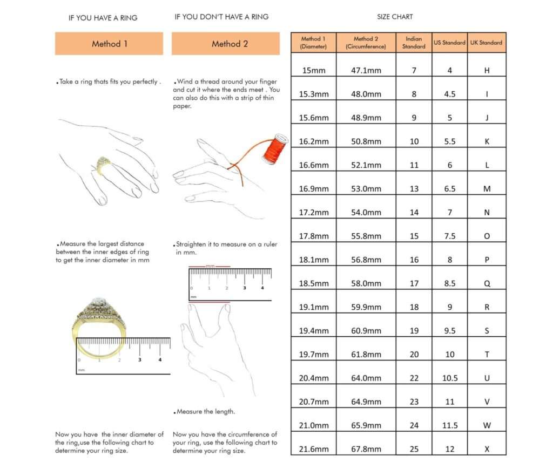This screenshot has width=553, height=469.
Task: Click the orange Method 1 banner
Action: pos(109,44)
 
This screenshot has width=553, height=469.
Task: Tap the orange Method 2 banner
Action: pos(226,44)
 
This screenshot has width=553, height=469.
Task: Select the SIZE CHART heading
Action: pos(395,17)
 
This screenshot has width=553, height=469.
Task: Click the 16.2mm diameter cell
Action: pos(314,141)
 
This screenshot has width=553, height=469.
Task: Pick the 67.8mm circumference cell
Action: pos(366,448)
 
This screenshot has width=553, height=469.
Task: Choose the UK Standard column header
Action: pos(486,42)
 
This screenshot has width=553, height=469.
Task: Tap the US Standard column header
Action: pos(449,42)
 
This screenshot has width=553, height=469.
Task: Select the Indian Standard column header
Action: pos(414,43)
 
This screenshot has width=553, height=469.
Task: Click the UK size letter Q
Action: pos(487,283)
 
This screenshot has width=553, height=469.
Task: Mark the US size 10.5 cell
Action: pos(450,378)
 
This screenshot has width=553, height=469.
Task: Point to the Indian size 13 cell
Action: pos(414,189)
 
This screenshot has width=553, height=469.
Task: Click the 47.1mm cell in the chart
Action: pos(366,71)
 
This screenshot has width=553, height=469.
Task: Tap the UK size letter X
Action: pos(487,448)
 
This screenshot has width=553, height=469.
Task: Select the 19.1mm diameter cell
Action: pos(314,307)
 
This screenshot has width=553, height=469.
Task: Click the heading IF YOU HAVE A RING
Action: pos(103,18)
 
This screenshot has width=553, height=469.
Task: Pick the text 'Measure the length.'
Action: pos(206,412)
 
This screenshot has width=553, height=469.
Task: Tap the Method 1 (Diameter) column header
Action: pos(314,43)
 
